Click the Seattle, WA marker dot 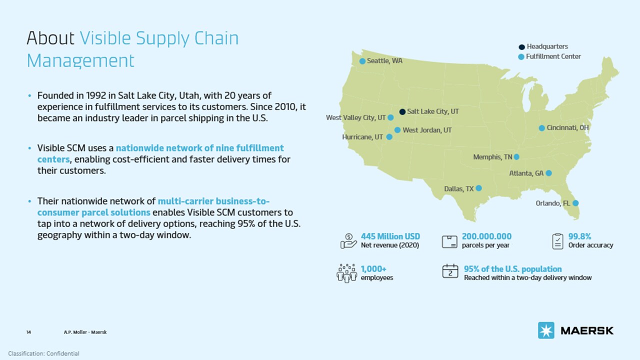coord(362,61)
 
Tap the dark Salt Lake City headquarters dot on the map coord(402,111)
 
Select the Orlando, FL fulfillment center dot coord(575,203)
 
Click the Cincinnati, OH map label coord(567,128)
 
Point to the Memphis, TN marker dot coord(516,157)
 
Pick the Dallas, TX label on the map coord(458,189)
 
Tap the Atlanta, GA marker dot coord(548,173)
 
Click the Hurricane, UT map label coord(362,137)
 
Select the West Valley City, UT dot coord(390,117)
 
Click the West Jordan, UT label coord(427,130)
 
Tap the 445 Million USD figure coord(390,236)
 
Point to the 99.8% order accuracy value coord(580,236)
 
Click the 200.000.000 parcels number coord(486,236)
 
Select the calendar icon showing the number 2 coord(450,271)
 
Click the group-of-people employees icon coord(346,272)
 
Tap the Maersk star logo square coord(546,330)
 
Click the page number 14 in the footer coord(28,332)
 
